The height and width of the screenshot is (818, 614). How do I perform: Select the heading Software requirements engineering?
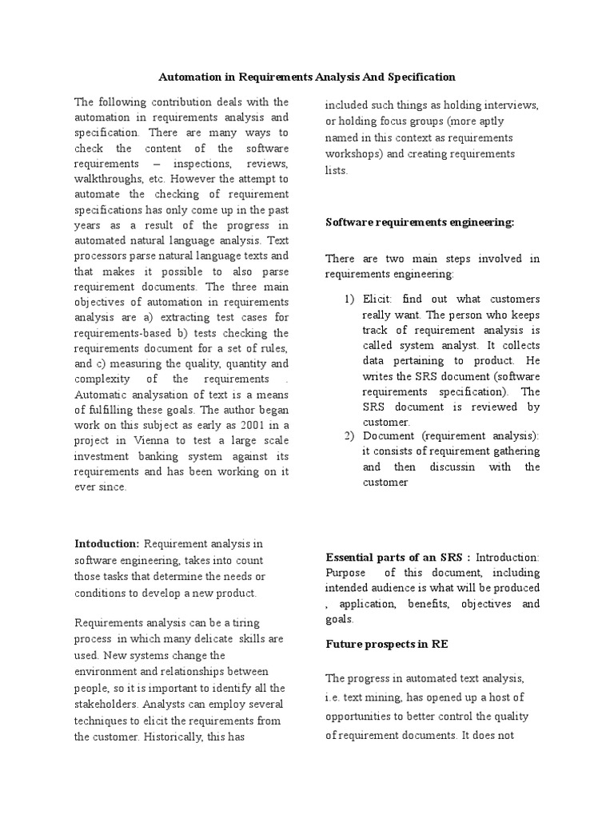[x=420, y=222]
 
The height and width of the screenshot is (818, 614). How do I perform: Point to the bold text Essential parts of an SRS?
[x=396, y=557]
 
